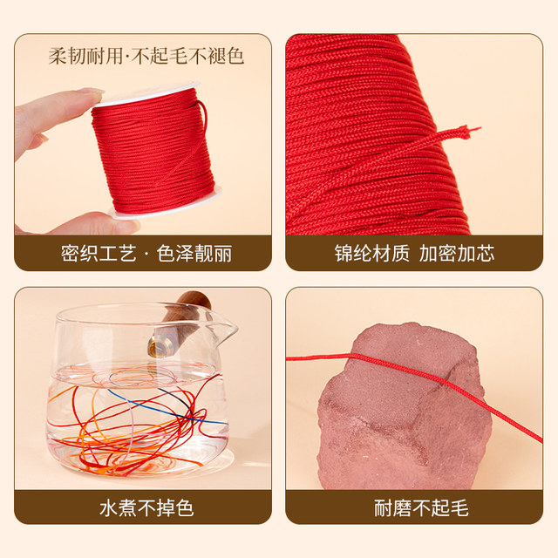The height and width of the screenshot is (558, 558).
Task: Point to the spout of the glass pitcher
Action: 230,330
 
